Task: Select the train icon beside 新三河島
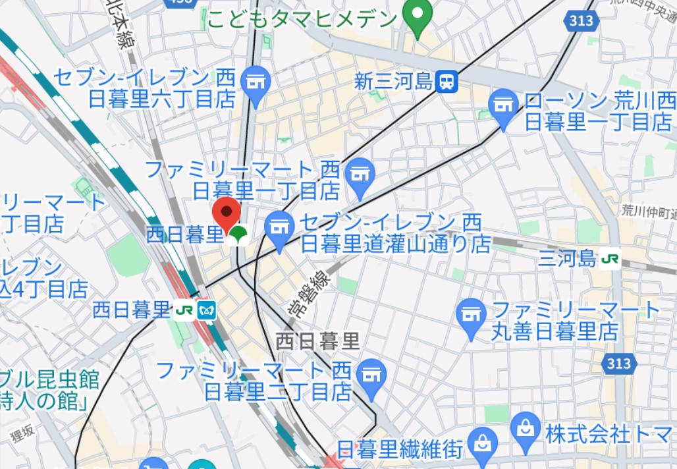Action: (447, 82)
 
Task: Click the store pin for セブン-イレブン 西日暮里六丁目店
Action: (256, 84)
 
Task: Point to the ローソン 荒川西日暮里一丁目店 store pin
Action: (504, 106)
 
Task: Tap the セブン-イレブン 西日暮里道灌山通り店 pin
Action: (279, 229)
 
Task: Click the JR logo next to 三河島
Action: (610, 259)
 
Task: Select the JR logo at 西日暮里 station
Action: (184, 310)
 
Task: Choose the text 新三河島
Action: (394, 82)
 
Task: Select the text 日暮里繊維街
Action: (400, 450)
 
